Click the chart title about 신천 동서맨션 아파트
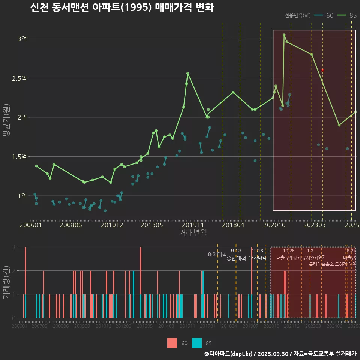[x=122, y=7]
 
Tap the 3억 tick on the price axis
[x=22, y=39]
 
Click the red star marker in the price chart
[x=322, y=70]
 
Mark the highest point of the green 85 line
[x=284, y=35]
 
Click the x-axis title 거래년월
[x=193, y=233]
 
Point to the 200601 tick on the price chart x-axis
[x=30, y=225]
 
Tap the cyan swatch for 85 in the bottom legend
[x=197, y=343]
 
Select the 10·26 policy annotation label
[x=289, y=251]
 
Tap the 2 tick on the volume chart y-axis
[x=14, y=270]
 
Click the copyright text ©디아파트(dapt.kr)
[x=229, y=354]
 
